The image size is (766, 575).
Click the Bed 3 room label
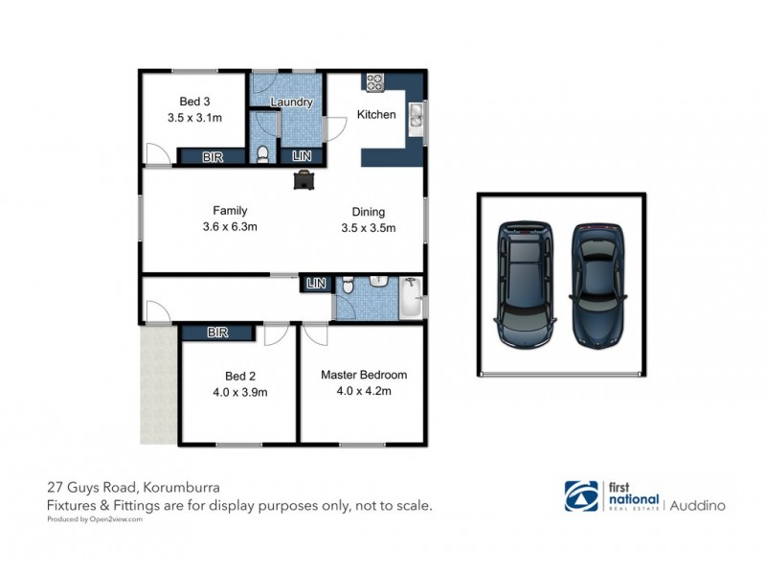(189, 102)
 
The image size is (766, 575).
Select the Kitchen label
(376, 115)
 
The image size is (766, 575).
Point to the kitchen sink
(417, 117)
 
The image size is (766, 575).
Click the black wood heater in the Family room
(304, 179)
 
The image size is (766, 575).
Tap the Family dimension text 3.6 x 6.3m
(231, 227)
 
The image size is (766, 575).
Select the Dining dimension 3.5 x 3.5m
(369, 228)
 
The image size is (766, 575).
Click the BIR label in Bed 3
(213, 157)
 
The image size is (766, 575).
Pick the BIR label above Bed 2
(217, 333)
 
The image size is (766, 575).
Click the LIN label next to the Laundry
(301, 157)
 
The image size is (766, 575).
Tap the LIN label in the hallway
(315, 283)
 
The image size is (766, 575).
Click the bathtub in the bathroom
(409, 299)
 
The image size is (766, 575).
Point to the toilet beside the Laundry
(265, 152)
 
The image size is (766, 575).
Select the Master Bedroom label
(364, 375)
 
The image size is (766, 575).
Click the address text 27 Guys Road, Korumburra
(133, 486)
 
